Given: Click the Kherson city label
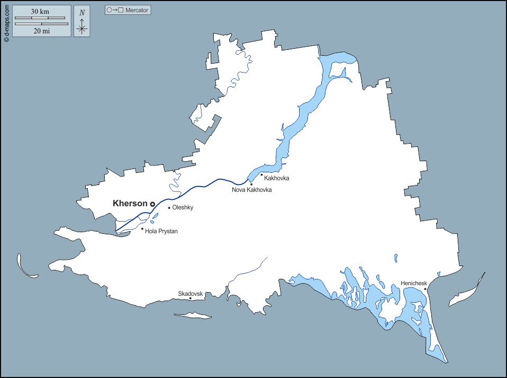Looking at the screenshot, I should [x=130, y=203].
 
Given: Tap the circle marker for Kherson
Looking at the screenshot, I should [x=152, y=204].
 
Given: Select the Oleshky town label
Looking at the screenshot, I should [x=183, y=208].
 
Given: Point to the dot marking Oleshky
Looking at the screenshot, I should [x=169, y=208].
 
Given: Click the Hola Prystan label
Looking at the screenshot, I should [x=161, y=231].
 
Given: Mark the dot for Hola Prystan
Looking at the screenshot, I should [x=142, y=229].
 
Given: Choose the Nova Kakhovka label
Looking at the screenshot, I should [x=251, y=190].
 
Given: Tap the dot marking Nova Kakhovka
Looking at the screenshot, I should [x=251, y=184].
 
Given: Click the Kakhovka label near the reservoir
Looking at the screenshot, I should [x=277, y=178].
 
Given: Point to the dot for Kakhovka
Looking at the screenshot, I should [x=261, y=174].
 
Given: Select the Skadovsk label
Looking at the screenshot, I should [x=191, y=293].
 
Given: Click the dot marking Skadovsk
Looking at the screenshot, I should [x=191, y=298].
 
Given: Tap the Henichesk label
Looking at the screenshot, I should [x=414, y=283].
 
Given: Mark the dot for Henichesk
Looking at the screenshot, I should [x=425, y=289].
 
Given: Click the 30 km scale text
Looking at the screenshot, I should [x=40, y=12].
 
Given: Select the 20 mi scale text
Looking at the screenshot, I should [x=41, y=31].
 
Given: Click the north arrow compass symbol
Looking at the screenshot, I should [x=82, y=22].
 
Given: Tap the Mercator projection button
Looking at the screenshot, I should [x=128, y=10].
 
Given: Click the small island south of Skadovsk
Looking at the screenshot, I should [x=193, y=316].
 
